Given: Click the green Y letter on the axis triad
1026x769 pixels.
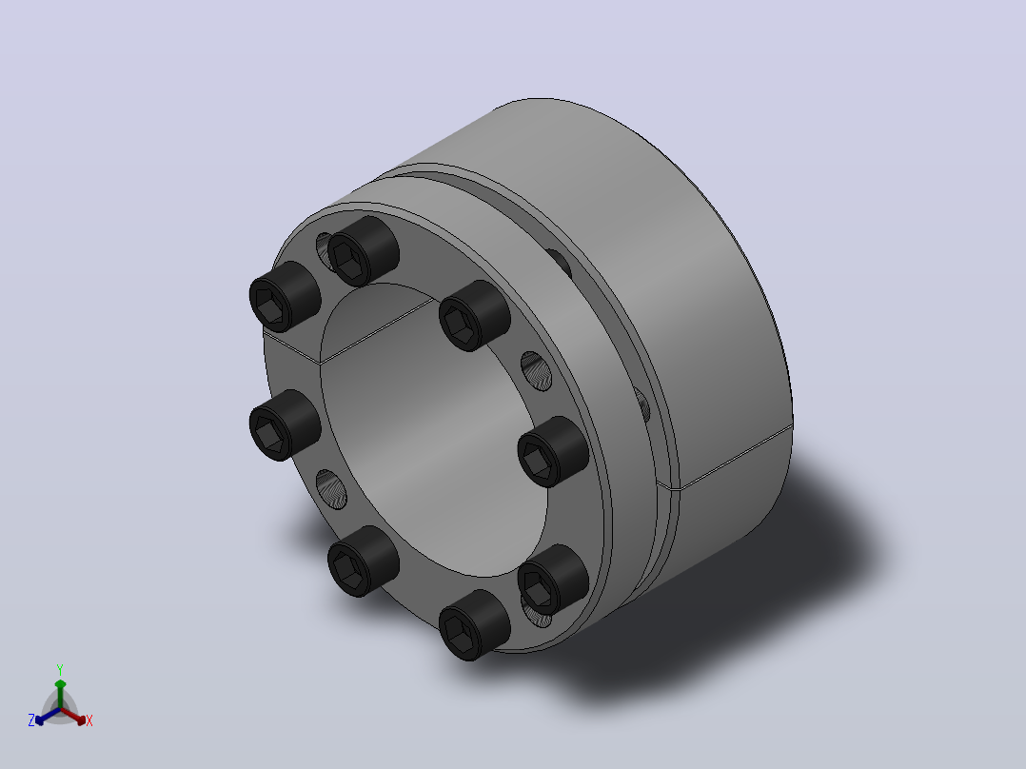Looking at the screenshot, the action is (x=60, y=669).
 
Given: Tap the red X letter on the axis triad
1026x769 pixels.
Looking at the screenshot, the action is (x=89, y=720).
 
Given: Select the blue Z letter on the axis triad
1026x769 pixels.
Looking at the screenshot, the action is (x=31, y=720).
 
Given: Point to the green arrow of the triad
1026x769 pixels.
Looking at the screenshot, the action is (x=60, y=694).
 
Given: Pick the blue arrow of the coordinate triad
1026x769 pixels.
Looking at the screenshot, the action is (x=48, y=716).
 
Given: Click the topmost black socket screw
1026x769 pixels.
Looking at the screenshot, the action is (x=364, y=251).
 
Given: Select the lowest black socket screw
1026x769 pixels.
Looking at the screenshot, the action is (x=474, y=625).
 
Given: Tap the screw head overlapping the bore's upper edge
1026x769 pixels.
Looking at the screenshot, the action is (x=474, y=315).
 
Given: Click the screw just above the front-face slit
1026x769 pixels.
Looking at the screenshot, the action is (x=285, y=297).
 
